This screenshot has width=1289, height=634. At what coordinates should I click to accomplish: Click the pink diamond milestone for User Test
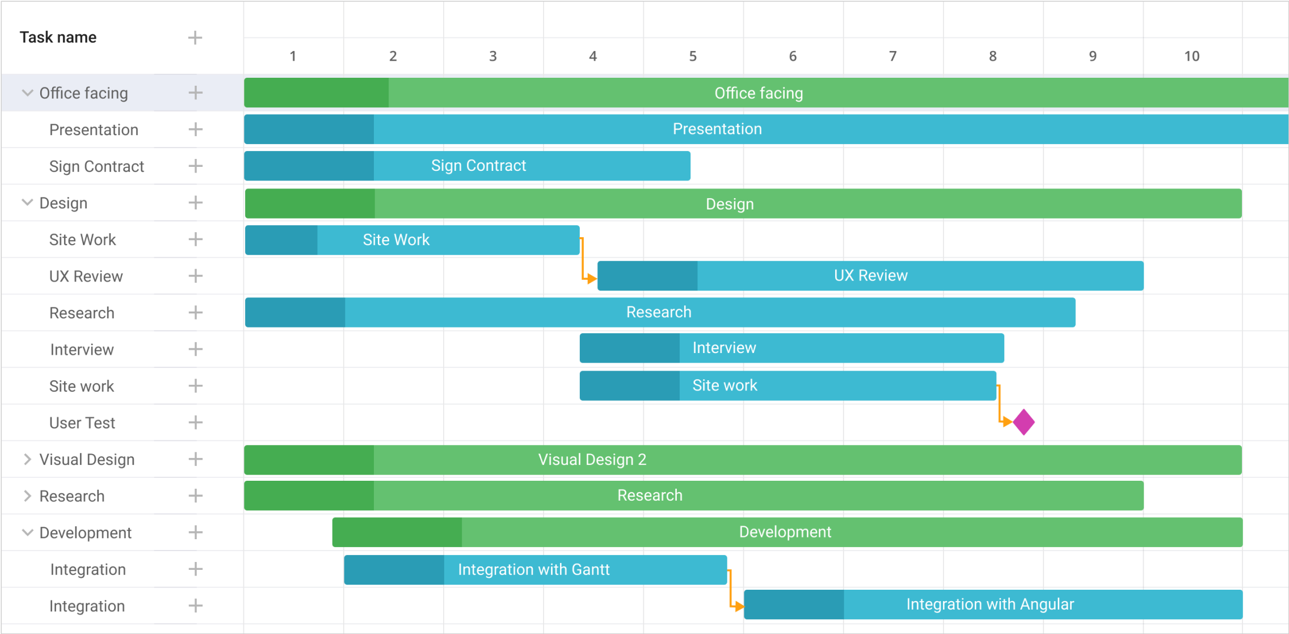(1023, 422)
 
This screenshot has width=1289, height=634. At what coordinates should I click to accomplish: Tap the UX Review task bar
(870, 276)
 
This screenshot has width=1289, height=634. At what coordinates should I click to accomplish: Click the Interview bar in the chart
(791, 348)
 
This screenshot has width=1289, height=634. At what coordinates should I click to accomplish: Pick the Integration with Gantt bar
(535, 570)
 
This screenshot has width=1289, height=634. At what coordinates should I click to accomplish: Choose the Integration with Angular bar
(993, 604)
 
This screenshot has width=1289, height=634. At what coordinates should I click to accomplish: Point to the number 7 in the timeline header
(892, 56)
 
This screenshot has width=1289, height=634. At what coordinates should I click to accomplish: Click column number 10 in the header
(1191, 56)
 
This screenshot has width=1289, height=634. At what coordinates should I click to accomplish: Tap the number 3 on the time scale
(492, 56)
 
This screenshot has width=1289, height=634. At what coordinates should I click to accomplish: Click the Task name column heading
(58, 37)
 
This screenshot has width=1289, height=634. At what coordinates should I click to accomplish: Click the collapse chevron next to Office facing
(27, 93)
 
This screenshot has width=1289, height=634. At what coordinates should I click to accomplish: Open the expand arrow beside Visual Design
(27, 459)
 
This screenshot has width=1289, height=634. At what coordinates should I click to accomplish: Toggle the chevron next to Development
(27, 532)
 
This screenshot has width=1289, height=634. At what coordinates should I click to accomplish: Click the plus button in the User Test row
(195, 422)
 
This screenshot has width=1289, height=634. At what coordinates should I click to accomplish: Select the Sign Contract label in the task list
(96, 166)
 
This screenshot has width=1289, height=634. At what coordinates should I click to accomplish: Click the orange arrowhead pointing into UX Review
(592, 279)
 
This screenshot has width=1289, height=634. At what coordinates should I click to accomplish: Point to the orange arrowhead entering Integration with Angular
(739, 607)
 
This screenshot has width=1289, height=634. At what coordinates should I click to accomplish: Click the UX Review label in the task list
(86, 276)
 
